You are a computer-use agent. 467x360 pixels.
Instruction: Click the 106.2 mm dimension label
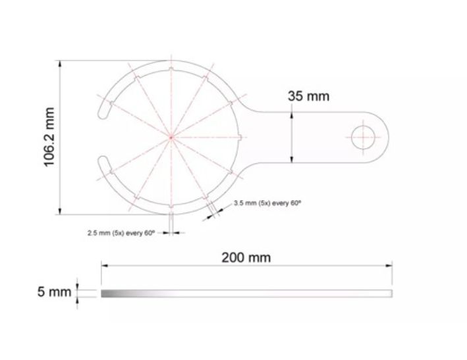49,137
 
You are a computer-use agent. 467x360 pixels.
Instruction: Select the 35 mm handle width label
308,96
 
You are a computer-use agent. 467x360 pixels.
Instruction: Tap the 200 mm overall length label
246,257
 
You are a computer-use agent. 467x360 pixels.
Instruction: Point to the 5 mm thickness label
54,292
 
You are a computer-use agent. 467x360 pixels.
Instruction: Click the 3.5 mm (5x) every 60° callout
267,203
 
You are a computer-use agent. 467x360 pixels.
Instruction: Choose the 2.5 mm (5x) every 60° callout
121,233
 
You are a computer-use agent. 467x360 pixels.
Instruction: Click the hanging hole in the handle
363,138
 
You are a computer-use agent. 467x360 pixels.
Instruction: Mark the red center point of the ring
171,138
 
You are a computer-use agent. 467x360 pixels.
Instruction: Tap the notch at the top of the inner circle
171,70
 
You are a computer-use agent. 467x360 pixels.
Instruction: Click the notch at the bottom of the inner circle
171,205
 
